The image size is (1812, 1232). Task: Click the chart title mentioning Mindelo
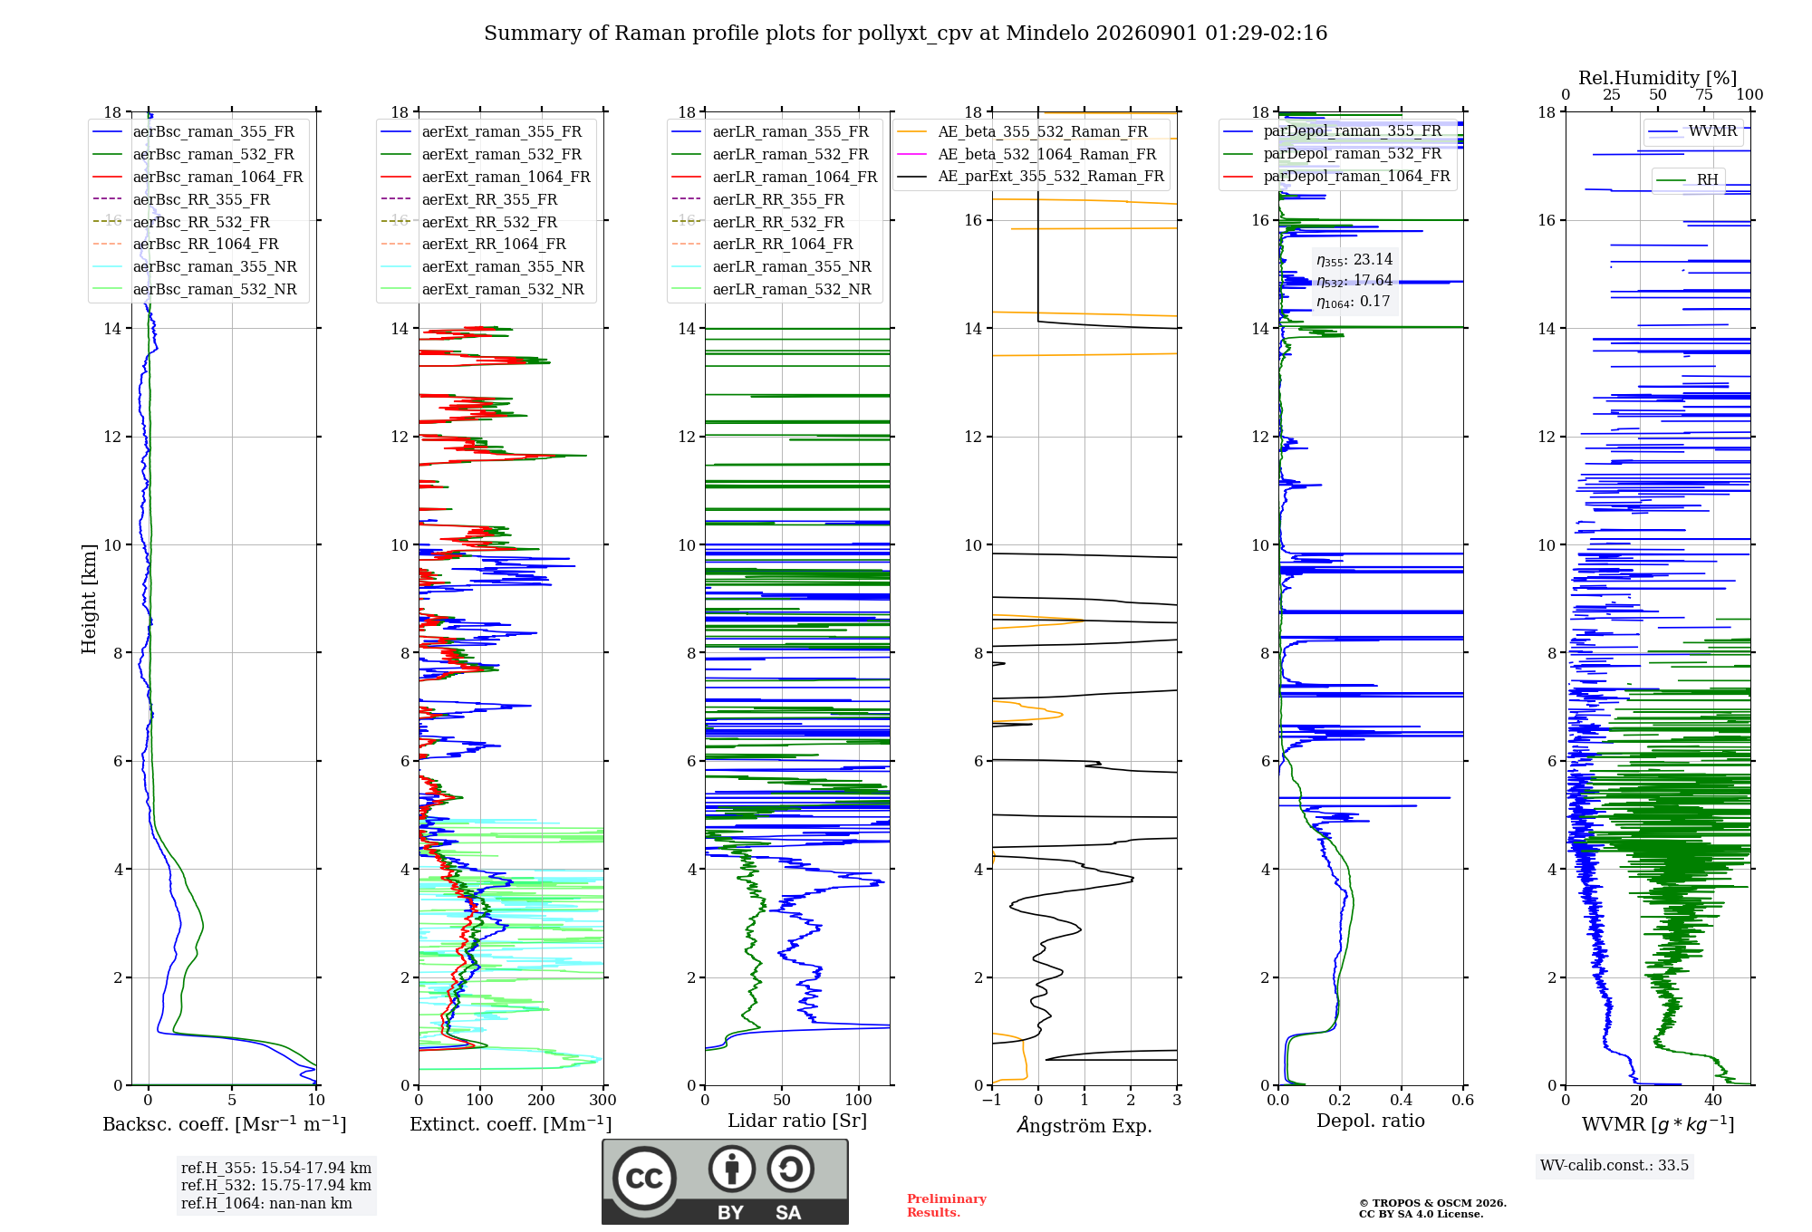(905, 34)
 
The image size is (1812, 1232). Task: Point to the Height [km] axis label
(89, 599)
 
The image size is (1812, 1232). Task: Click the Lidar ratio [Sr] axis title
(797, 1121)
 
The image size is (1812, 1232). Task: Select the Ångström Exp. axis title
(1084, 1125)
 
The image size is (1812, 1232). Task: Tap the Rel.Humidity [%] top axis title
(1657, 78)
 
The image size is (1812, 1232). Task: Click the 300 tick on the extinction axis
(602, 1101)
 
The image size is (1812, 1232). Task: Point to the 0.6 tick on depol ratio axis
(1462, 1101)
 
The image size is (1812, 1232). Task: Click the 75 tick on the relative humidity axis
(1704, 95)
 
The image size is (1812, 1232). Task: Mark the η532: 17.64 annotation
(1354, 281)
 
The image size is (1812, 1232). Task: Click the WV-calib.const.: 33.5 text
(1614, 1165)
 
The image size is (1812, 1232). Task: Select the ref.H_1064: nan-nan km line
(266, 1203)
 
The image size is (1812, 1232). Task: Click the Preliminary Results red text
(947, 1206)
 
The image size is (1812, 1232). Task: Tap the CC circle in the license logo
(644, 1179)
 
